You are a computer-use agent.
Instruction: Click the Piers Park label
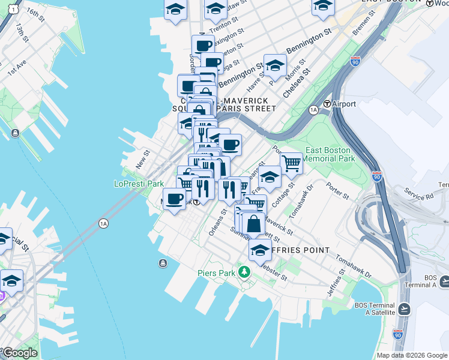(x=215, y=273)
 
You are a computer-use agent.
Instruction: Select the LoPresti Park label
(x=139, y=184)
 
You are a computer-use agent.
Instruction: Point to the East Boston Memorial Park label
(x=330, y=154)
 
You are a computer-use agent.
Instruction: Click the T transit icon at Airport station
(x=328, y=104)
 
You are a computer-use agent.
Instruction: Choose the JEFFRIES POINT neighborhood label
(x=298, y=250)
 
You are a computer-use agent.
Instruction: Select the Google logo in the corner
(x=20, y=353)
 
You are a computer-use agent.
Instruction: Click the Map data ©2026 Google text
(x=412, y=355)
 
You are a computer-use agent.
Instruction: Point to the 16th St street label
(x=35, y=14)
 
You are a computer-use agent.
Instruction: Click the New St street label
(x=142, y=160)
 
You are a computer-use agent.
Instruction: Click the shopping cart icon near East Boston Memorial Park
(x=291, y=162)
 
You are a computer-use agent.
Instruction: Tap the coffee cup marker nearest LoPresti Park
(x=175, y=199)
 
